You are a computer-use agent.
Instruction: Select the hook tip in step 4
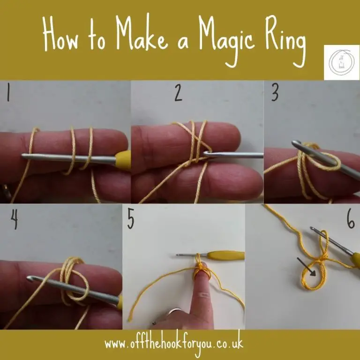[x=31, y=280]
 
